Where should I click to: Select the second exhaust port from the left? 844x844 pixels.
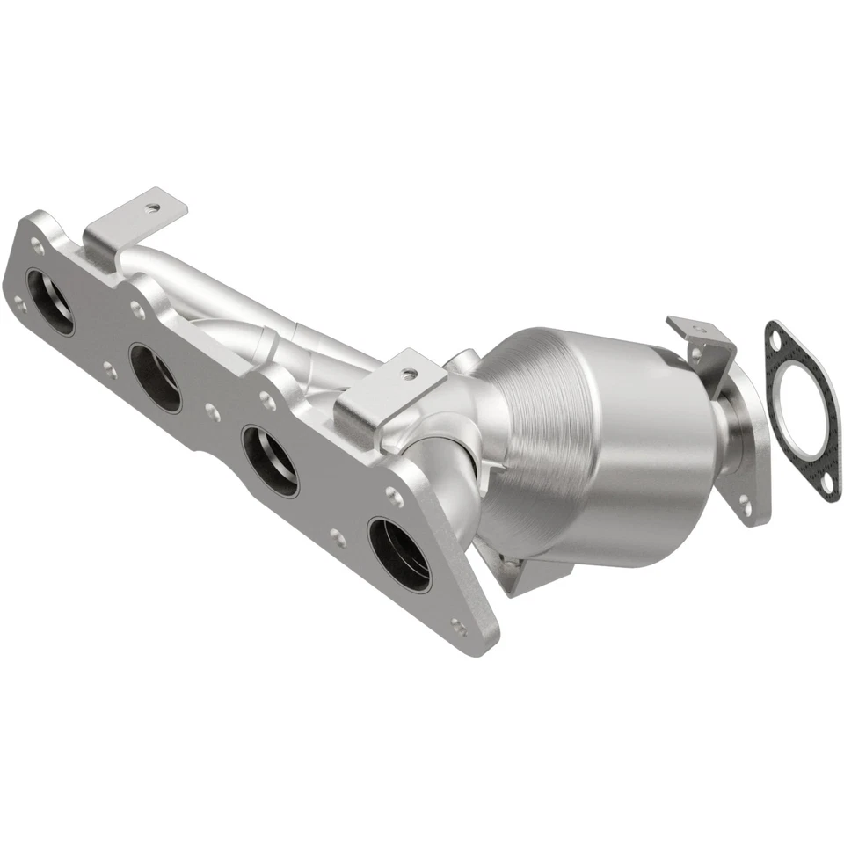click(156, 377)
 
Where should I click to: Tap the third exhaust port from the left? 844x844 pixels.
click(270, 460)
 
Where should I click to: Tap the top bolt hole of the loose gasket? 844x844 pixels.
click(775, 334)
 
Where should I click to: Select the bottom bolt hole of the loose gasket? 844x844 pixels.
click(826, 483)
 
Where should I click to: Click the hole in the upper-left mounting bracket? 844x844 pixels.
click(153, 208)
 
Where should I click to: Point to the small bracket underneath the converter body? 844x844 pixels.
click(527, 576)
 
